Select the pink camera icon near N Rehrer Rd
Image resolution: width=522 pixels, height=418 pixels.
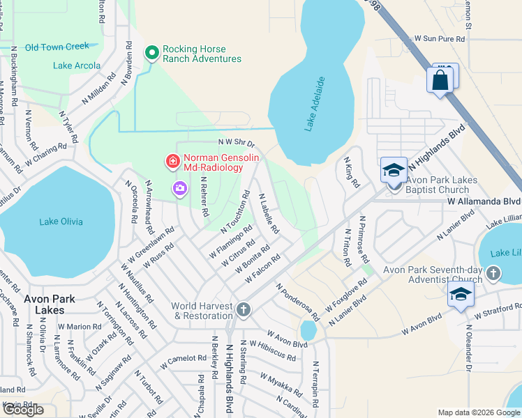click(x=180, y=188)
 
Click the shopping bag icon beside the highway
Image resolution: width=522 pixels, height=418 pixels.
click(x=440, y=80)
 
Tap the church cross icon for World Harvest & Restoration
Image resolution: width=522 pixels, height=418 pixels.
click(x=243, y=309)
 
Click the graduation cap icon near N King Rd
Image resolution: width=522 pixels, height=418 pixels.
click(x=393, y=170)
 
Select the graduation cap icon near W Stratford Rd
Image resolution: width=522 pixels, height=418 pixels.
click(x=461, y=295)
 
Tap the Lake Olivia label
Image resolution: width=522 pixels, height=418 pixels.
click(x=61, y=222)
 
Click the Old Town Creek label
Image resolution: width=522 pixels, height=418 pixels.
click(x=57, y=47)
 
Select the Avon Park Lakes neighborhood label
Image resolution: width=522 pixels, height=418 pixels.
click(x=49, y=304)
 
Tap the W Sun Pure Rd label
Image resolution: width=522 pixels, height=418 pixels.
click(x=439, y=40)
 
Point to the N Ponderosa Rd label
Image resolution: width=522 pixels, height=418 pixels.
click(x=298, y=302)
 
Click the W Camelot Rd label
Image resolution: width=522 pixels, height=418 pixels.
click(x=183, y=361)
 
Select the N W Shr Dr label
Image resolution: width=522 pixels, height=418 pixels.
click(x=237, y=142)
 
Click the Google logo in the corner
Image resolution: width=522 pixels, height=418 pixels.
click(x=23, y=410)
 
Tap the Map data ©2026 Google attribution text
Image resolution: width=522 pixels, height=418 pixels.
click(x=478, y=412)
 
